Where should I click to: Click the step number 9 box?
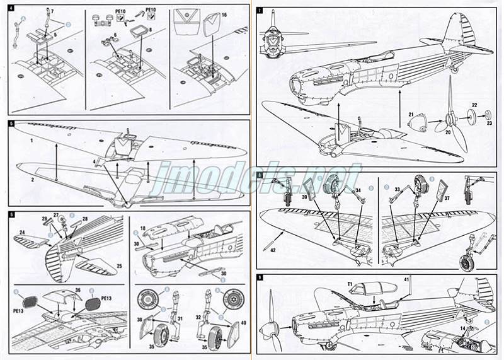pos(260,278)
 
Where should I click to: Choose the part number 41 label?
pos(407,279)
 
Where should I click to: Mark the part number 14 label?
pos(462,329)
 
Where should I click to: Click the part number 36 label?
pos(77,290)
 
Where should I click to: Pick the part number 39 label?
pos(304,197)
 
